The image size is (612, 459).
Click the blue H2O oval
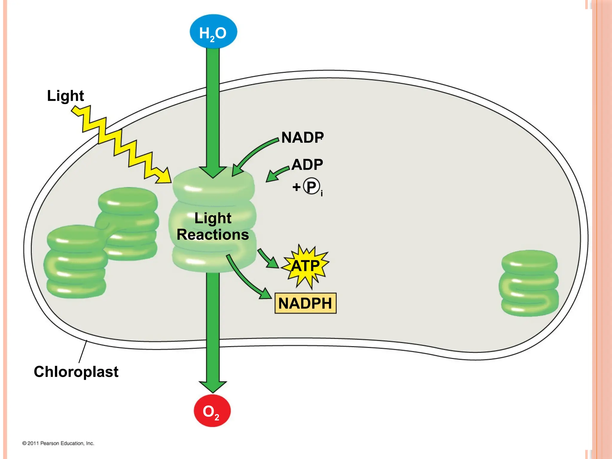point(213,32)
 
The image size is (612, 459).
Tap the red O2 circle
point(212,411)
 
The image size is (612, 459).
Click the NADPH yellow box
point(305,303)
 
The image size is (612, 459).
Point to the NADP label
point(302,138)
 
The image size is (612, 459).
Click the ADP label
point(307,165)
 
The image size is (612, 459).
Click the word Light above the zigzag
point(65,96)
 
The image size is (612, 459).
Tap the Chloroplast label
point(76,372)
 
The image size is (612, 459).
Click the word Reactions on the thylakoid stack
point(212,235)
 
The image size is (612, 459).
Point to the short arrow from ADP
point(277,174)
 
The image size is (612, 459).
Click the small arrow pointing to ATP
point(269,259)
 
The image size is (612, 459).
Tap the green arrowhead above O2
point(213,386)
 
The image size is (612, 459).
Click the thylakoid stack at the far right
point(529,283)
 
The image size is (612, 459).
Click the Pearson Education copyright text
point(58,443)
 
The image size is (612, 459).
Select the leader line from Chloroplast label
point(83,352)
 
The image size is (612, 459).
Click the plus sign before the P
point(296,187)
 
